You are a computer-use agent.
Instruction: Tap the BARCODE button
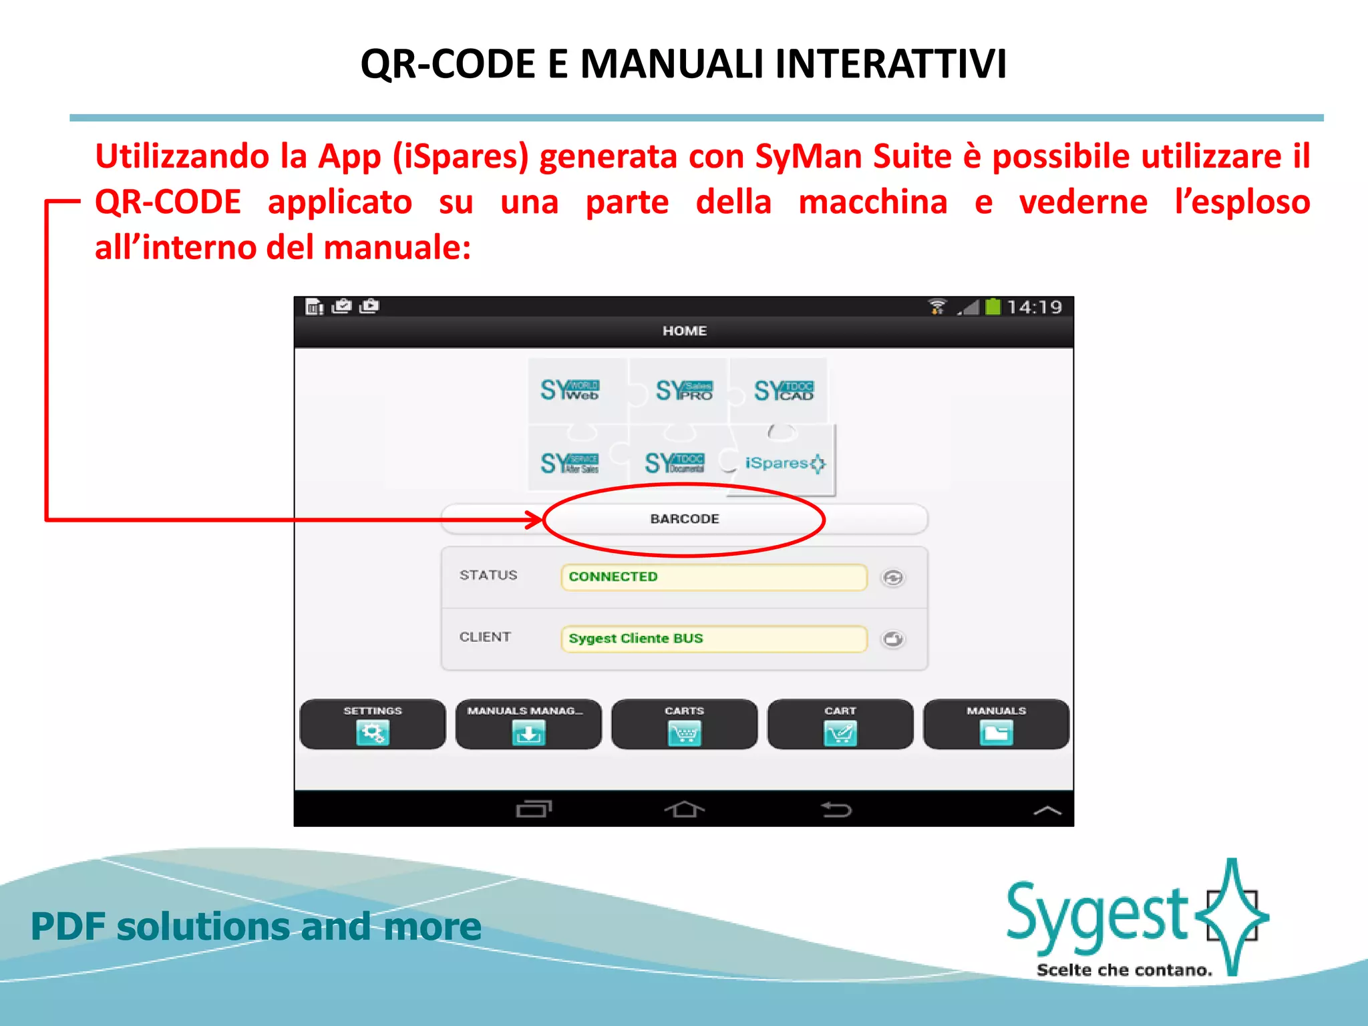click(x=684, y=519)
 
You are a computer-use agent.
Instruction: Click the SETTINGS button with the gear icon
click(x=372, y=724)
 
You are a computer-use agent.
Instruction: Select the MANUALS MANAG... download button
click(x=528, y=724)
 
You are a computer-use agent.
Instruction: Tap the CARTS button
click(x=684, y=724)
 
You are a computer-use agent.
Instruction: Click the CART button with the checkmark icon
click(x=840, y=724)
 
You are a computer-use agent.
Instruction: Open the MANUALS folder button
click(x=996, y=724)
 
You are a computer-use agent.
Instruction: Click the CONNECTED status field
click(x=713, y=577)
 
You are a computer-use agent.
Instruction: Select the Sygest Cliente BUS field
click(x=713, y=639)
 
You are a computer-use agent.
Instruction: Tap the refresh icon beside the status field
click(x=893, y=578)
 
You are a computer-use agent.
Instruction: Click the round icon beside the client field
click(x=893, y=639)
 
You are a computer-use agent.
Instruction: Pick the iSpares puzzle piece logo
click(x=783, y=463)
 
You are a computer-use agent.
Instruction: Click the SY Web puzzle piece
click(x=570, y=390)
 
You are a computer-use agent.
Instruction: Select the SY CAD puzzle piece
click(x=784, y=390)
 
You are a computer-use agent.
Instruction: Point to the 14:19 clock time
click(x=1034, y=307)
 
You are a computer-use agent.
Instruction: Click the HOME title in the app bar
click(x=684, y=331)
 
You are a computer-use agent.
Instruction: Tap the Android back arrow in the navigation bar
click(x=836, y=810)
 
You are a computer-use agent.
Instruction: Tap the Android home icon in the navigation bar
click(x=684, y=810)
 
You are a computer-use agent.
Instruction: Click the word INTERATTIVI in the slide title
click(x=890, y=65)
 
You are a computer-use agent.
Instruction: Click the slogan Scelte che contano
click(x=1124, y=970)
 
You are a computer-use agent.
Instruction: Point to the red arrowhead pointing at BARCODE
click(x=535, y=520)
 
